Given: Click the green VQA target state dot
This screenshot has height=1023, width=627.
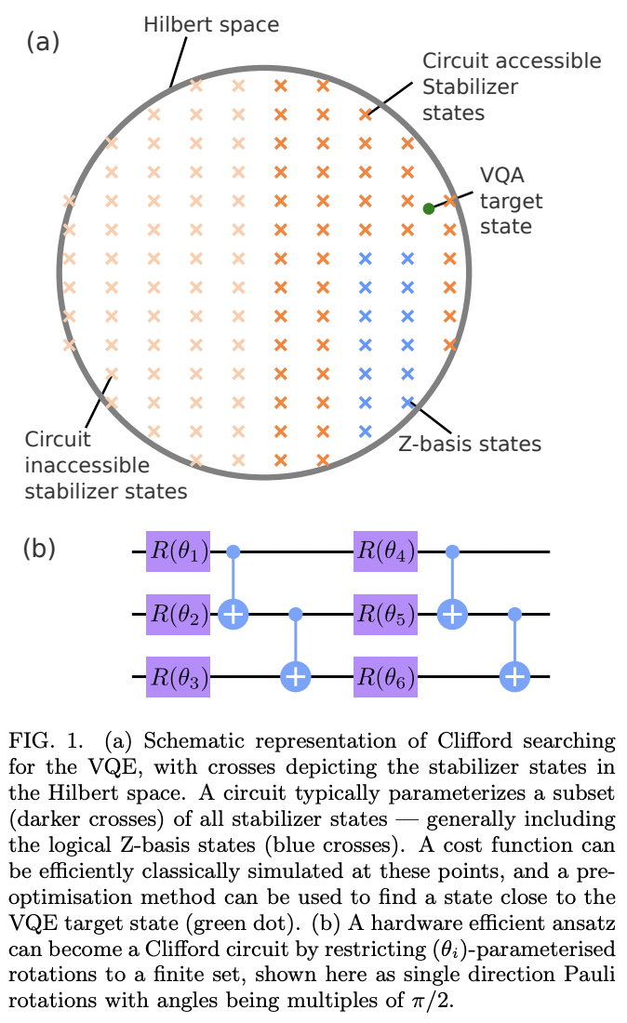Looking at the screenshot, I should (428, 209).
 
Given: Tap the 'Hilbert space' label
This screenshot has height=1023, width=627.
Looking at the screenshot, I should (210, 24).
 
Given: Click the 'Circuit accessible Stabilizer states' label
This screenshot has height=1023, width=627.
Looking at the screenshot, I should (511, 86).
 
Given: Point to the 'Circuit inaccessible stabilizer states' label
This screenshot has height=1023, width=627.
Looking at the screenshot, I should (106, 463).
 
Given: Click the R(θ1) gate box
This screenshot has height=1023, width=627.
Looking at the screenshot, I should (179, 553).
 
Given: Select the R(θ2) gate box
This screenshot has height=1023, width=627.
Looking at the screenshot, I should (179, 614).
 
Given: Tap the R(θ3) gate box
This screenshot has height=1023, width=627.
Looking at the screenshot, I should (179, 675).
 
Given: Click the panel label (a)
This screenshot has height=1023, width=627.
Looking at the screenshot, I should (43, 42).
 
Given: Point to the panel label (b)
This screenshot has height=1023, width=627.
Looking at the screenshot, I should (39, 549).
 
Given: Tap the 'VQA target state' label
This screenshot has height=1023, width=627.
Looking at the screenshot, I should (511, 201).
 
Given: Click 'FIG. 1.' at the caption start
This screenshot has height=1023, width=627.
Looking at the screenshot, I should (44, 743).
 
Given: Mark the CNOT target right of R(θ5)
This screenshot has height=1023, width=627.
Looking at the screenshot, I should (451, 614).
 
